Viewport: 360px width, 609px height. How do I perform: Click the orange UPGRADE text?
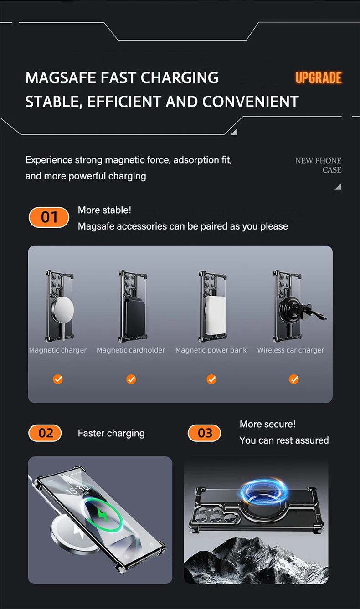(319, 78)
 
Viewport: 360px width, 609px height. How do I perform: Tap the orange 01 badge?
(49, 217)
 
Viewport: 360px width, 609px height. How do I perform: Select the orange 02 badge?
(45, 433)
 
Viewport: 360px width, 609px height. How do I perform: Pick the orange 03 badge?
(204, 433)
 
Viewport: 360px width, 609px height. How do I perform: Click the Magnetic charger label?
(57, 350)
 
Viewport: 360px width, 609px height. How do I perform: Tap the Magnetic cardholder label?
(131, 350)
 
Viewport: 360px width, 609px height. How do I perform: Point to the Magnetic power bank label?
(211, 350)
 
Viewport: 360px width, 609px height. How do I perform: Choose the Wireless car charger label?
(291, 350)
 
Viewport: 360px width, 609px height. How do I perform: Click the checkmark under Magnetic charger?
(58, 379)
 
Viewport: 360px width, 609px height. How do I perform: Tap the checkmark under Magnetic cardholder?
(131, 379)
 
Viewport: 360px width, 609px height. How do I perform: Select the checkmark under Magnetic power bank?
(211, 379)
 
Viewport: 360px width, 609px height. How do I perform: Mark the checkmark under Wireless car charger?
(293, 379)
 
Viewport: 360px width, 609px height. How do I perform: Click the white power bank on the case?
(216, 315)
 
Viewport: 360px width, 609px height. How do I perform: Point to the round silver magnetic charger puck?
(63, 310)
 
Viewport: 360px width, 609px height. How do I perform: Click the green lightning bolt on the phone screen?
(102, 514)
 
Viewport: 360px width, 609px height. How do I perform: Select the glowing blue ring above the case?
(263, 492)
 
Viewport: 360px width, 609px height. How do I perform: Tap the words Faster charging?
(111, 433)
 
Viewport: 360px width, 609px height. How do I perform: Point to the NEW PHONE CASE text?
(319, 165)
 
